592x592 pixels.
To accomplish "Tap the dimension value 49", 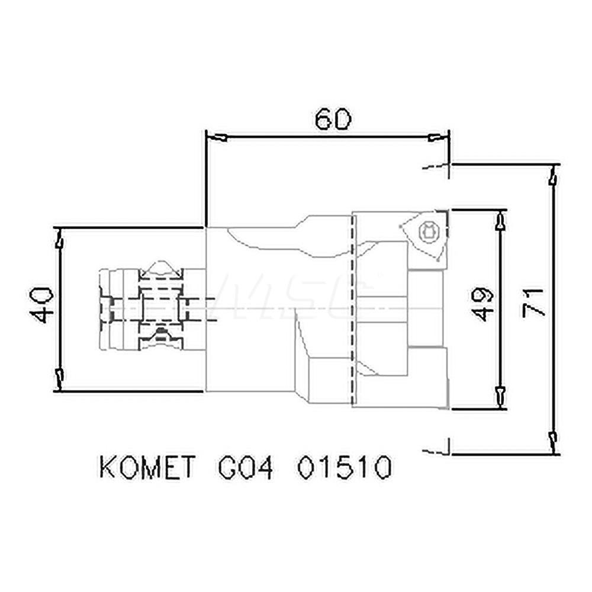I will pos(482,304).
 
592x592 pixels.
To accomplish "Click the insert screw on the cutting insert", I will pos(427,231).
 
